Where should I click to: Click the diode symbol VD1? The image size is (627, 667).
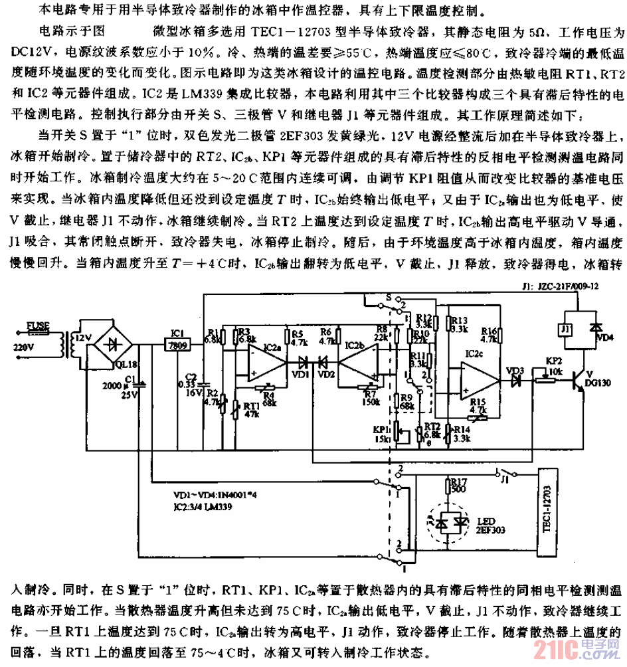304,362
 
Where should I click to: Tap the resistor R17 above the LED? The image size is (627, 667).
456,491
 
